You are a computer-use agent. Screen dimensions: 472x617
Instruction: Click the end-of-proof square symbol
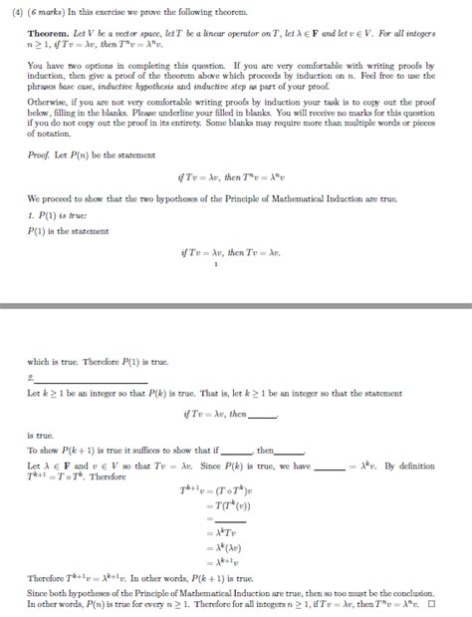coord(431,604)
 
